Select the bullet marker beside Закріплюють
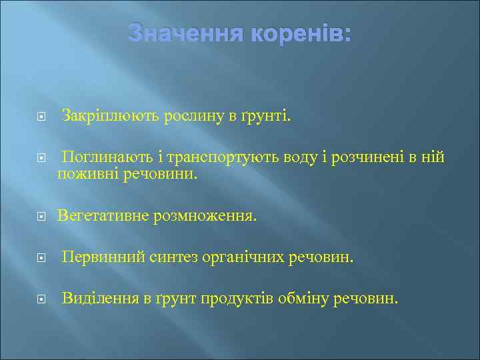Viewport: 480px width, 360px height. tap(41, 117)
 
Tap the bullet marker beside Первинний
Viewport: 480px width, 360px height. tap(41, 258)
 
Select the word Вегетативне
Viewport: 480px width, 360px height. tap(103, 216)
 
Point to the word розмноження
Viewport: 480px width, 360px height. tap(204, 216)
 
